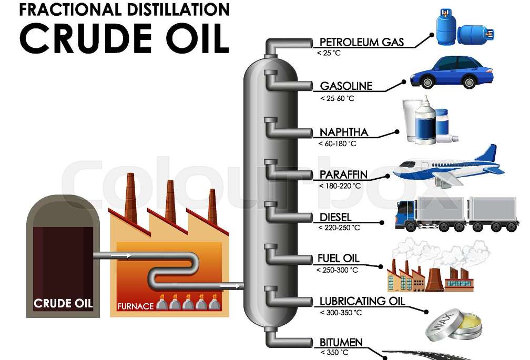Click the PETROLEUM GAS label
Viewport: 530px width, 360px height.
[x=362, y=42]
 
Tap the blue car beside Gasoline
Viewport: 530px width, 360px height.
[x=452, y=72]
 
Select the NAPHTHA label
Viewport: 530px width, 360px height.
[x=344, y=132]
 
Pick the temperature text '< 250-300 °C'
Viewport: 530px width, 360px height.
[x=337, y=270]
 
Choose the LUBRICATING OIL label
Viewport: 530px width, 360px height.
[x=362, y=301]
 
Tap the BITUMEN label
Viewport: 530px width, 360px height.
[x=341, y=343]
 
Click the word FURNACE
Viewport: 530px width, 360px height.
[x=136, y=306]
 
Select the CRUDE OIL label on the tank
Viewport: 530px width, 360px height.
[x=63, y=303]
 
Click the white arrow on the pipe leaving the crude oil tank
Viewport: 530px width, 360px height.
[x=122, y=255]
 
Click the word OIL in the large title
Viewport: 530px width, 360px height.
[x=194, y=36]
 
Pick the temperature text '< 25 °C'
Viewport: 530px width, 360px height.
[x=329, y=53]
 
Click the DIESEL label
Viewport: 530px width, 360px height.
[x=335, y=217]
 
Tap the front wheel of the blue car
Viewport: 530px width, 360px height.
[x=427, y=83]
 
